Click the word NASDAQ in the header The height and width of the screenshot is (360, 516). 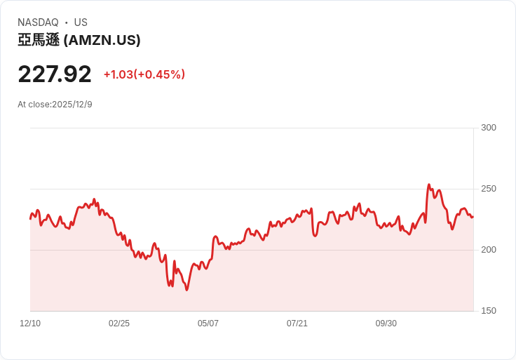(38, 22)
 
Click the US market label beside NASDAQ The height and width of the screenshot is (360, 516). (81, 22)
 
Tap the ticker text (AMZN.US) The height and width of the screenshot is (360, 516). (102, 41)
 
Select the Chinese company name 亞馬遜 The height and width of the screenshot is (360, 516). (39, 41)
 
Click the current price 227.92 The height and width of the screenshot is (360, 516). (55, 74)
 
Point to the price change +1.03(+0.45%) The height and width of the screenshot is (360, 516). (144, 74)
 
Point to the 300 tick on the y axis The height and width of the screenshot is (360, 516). (488, 128)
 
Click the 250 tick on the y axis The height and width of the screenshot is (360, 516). (488, 189)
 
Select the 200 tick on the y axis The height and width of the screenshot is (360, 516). (488, 250)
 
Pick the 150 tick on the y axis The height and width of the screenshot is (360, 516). (488, 311)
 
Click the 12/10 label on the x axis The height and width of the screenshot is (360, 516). (30, 324)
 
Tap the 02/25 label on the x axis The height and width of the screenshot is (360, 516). (119, 324)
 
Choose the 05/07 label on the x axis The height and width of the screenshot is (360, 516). (208, 324)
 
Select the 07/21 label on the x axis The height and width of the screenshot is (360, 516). (297, 324)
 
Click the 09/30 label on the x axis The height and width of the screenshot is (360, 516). (386, 324)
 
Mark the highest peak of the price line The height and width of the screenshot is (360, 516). (429, 185)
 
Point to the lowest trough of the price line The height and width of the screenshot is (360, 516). (186, 290)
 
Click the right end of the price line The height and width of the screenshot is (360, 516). (473, 217)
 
